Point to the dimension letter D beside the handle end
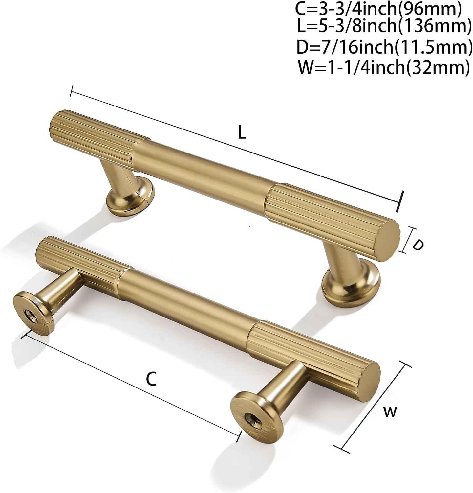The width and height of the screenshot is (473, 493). [417, 245]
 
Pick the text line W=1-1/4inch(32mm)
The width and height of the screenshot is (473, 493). [383, 67]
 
